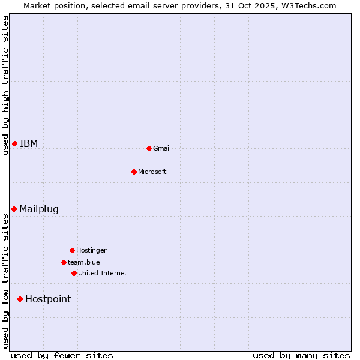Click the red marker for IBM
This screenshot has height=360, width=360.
[14, 143]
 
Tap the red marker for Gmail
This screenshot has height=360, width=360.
[149, 148]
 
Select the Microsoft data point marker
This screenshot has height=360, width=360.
[134, 172]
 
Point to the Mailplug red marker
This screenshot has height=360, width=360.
[14, 209]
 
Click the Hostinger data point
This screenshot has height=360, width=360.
[72, 250]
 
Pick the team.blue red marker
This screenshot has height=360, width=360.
[64, 262]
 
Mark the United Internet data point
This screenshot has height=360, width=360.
[74, 273]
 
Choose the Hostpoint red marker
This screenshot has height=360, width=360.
[20, 299]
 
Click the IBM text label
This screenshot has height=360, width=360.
[29, 143]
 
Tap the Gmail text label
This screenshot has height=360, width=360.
[162, 148]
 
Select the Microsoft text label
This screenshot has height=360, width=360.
[152, 172]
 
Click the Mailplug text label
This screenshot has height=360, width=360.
[39, 209]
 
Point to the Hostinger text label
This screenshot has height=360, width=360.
[91, 250]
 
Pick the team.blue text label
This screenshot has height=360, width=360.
[84, 262]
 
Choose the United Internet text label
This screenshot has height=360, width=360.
[103, 273]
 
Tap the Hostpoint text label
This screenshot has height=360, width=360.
[48, 299]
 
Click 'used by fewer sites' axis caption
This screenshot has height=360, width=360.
[62, 355]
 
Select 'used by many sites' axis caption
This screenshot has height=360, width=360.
[301, 355]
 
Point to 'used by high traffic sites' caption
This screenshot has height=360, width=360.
[5, 85]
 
